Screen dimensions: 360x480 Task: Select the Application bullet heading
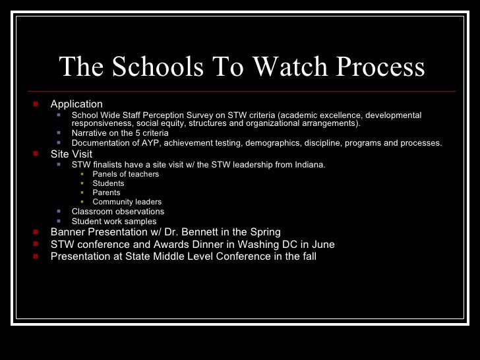(76, 104)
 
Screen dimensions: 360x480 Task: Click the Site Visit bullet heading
(71, 154)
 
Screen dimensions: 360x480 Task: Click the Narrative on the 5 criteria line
(120, 133)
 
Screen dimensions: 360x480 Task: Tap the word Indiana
(310, 165)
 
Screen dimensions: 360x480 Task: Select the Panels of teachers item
(125, 175)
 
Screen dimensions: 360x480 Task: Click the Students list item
(108, 184)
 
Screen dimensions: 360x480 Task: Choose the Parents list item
(106, 193)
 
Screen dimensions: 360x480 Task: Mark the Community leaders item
(127, 202)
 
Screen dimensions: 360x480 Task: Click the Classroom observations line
(117, 212)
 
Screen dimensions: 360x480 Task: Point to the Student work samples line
(113, 222)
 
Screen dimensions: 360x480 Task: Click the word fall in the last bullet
(306, 256)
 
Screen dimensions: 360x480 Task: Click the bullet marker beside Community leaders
(82, 202)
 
